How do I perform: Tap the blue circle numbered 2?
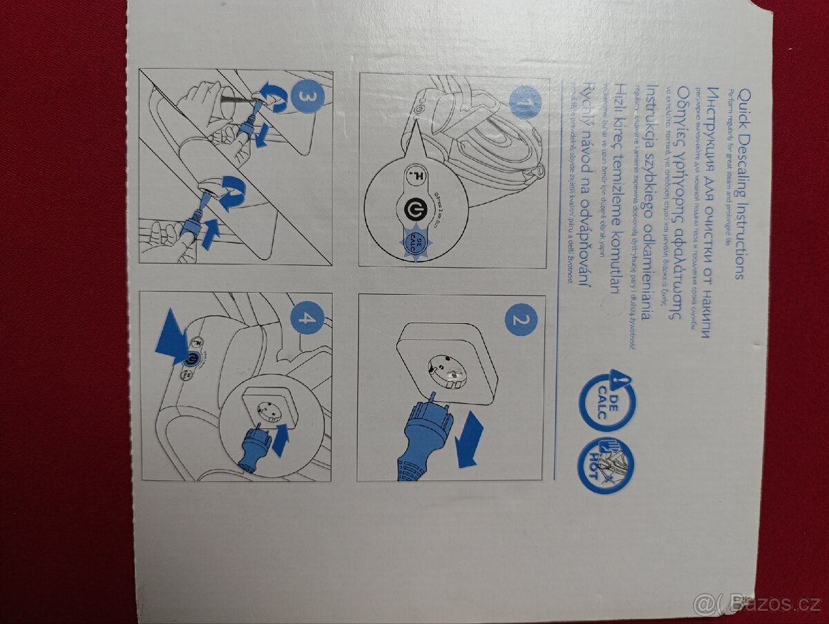tap(521, 320)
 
